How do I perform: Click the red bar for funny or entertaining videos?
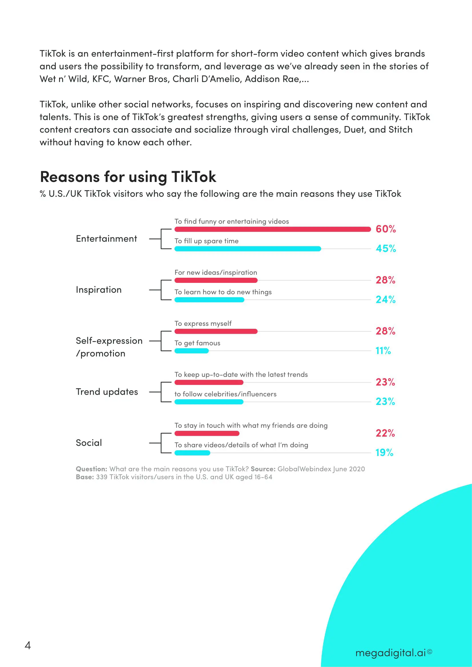272,229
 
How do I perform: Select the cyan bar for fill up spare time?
248,249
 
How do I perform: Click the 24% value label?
385,299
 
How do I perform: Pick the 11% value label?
383,351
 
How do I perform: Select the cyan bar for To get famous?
191,351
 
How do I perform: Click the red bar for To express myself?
216,331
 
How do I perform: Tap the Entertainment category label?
106,239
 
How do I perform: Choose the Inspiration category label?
98,290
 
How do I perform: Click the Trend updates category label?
107,392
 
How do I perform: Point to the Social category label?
89,443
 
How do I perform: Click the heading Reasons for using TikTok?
128,177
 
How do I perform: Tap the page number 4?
28,645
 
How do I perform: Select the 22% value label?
385,433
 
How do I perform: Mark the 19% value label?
384,453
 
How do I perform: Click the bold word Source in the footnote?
263,469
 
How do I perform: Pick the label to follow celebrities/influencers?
225,394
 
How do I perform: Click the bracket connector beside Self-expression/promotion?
161,341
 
